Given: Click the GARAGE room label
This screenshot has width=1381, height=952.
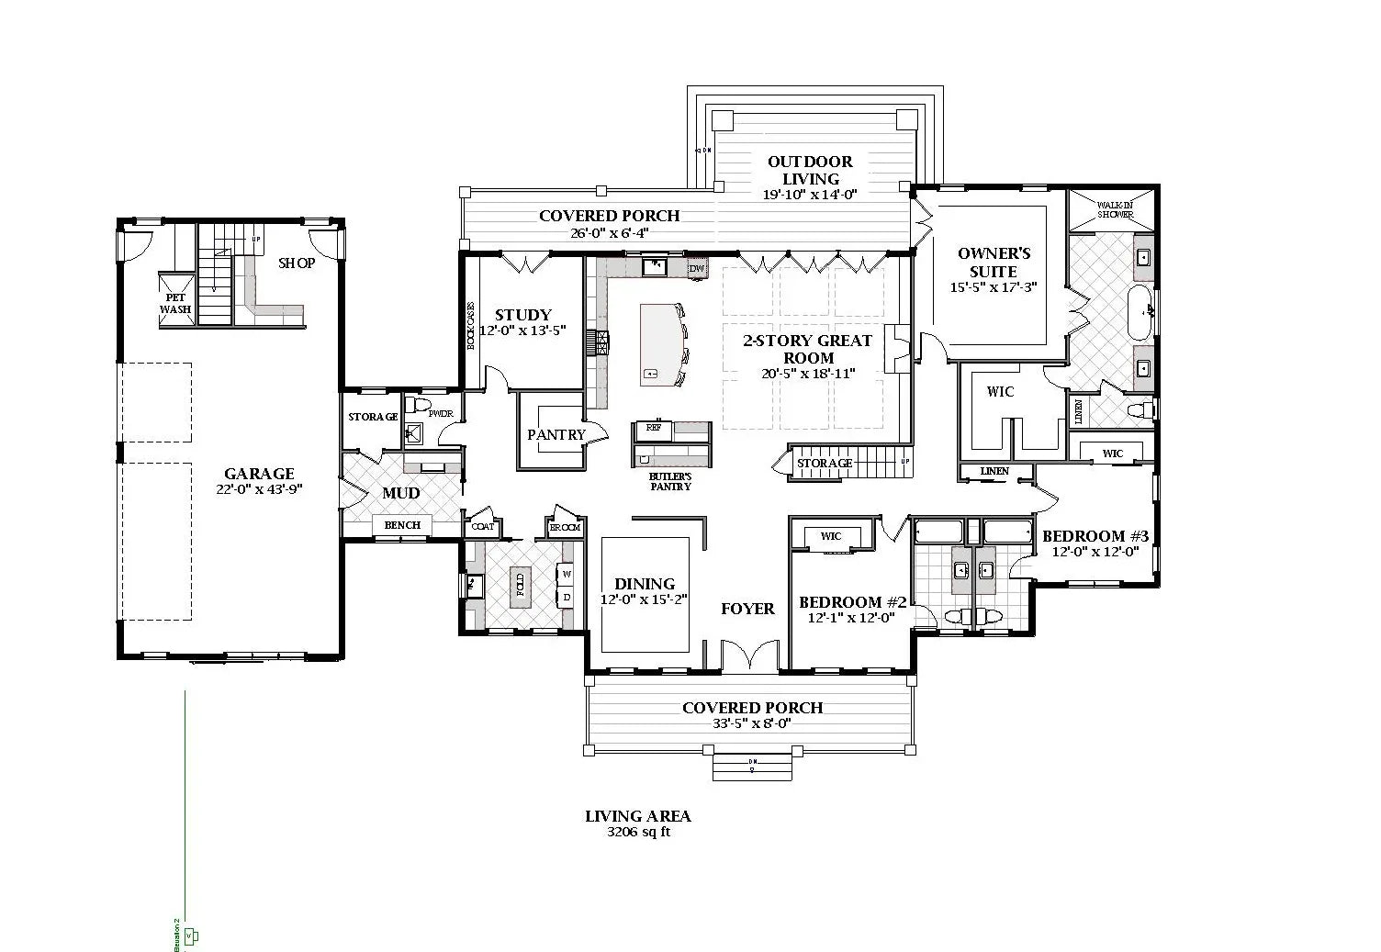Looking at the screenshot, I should point(259,474).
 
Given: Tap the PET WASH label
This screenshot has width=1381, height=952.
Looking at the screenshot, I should point(175,304).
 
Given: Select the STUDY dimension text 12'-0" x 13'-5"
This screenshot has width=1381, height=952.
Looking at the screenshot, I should point(522,330).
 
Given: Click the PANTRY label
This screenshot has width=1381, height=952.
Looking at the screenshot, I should point(556,435).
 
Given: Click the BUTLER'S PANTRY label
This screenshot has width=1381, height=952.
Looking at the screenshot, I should point(670,481).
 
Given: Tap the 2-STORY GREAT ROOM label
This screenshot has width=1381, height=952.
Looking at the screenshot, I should point(808,349).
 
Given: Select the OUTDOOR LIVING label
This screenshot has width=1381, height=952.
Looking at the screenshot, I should point(810,170).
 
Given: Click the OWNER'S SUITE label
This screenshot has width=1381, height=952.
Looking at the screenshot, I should point(994,263).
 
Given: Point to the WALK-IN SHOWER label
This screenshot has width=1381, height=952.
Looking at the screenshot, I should point(1115,209).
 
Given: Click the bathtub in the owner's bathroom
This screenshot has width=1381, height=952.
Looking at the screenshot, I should point(1140,312).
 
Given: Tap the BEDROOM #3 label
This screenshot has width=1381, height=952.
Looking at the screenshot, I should point(1095,536).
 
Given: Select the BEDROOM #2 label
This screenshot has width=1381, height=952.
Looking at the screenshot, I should point(852,602).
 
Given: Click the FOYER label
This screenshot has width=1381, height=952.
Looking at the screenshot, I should point(747,609).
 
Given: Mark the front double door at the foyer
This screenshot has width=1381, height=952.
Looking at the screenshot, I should point(749,657).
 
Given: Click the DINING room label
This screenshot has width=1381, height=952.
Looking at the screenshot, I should point(645,584).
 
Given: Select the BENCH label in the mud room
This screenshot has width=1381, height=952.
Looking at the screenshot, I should point(402,525).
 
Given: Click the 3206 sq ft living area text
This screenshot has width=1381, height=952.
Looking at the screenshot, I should point(638,833).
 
